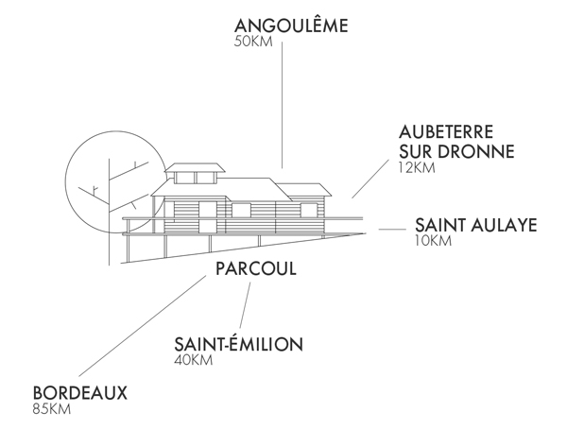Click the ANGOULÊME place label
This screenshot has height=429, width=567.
(x=290, y=26)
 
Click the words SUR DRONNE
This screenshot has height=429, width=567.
(x=455, y=151)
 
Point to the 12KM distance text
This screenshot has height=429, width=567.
(x=417, y=168)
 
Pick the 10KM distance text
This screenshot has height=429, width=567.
(x=433, y=241)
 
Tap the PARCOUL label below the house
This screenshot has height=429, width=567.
(x=255, y=269)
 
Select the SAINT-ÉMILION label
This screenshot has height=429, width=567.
(x=239, y=344)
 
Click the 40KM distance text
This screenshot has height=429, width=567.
(x=194, y=360)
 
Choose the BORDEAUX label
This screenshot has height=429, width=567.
(x=79, y=393)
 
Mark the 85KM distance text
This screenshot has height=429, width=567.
(x=52, y=409)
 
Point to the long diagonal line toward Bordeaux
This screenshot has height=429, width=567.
(x=142, y=325)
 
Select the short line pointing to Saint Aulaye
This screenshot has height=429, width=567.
(x=391, y=229)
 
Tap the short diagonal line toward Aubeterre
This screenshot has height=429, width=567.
(x=369, y=179)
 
